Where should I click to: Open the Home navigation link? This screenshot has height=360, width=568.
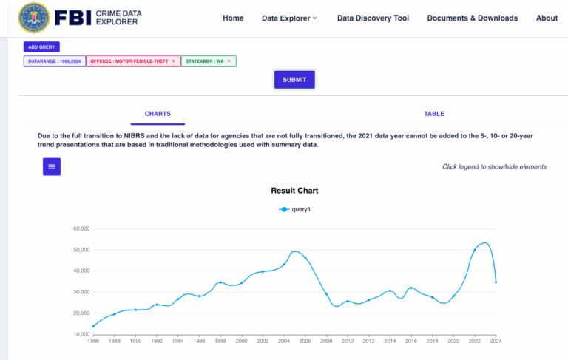233,18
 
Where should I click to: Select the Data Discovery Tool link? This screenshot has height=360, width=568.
373,18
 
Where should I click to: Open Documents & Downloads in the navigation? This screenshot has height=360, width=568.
472,18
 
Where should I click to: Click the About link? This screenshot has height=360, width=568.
547,18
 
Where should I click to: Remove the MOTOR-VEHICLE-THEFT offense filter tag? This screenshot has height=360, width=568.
173,61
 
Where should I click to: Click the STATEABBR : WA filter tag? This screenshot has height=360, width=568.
203,61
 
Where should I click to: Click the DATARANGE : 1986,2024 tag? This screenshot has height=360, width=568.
54,61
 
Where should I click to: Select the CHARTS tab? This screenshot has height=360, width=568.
158,114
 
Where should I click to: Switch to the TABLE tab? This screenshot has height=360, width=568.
434,114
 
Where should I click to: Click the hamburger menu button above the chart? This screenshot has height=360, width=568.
52,167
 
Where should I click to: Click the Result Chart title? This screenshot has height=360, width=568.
294,191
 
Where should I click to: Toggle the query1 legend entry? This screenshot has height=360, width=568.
294,210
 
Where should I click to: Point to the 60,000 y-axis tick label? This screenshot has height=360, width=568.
77,228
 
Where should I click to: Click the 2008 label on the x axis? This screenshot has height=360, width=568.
326,342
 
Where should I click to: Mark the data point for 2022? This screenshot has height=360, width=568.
475,250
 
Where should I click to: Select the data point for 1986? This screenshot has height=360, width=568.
93,326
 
